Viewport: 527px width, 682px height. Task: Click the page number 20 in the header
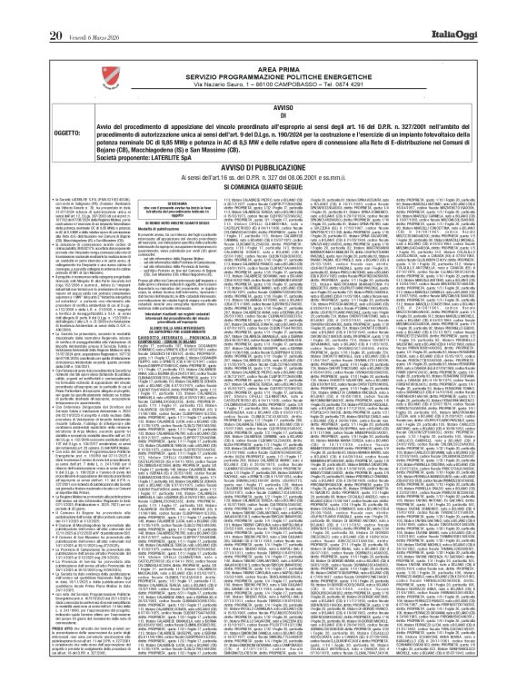[x=26, y=10]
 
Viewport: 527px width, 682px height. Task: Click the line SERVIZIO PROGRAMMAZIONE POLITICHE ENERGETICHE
[x=263, y=52]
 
